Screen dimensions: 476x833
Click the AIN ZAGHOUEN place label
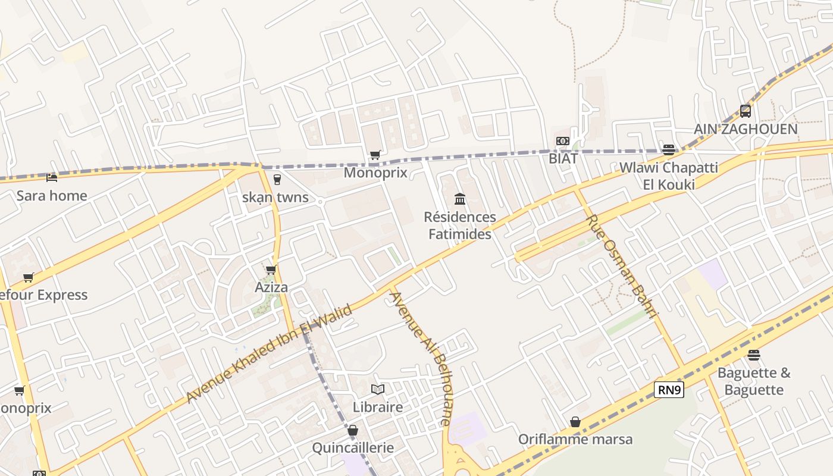pos(746,129)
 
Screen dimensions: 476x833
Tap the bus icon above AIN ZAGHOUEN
pos(746,111)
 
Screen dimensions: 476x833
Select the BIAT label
pos(563,159)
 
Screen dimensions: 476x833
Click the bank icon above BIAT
pos(563,141)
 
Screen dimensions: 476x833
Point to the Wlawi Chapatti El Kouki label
pos(669,176)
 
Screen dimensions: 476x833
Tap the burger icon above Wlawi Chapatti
pos(669,149)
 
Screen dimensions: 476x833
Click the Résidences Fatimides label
pos(460,226)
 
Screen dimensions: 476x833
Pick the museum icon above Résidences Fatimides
pos(460,199)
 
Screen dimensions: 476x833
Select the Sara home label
pos(52,196)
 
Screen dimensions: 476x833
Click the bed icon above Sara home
pos(52,177)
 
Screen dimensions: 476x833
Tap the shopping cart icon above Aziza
pos(271,270)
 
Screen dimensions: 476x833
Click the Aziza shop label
pos(271,287)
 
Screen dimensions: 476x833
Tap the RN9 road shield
pos(669,390)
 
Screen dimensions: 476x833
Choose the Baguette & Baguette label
pos(754,381)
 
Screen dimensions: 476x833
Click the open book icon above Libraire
pos(378,389)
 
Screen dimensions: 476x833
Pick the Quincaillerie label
pos(353,448)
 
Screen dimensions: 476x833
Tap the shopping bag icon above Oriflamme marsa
pos(575,421)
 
